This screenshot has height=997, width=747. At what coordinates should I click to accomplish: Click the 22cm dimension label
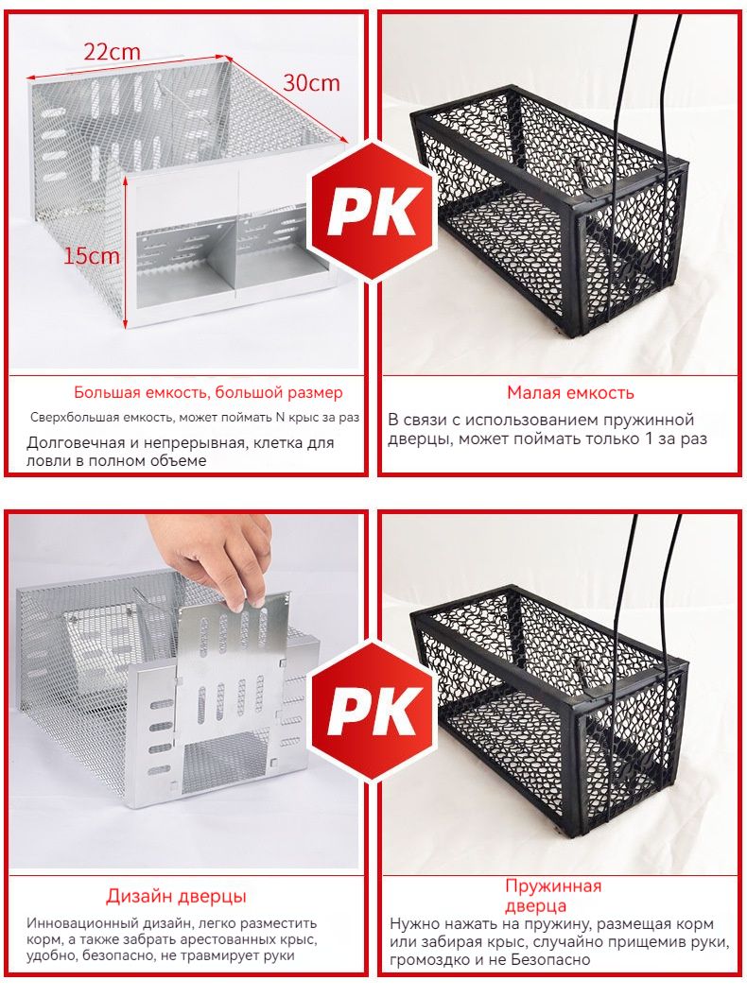(112, 51)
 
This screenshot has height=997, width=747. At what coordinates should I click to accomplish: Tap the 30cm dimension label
(311, 82)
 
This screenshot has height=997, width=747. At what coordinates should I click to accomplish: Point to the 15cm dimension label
(91, 255)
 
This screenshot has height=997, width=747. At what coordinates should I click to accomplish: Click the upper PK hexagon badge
(373, 211)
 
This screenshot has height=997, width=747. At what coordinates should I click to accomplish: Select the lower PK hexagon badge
(373, 711)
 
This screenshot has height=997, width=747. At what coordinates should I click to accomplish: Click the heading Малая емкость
(570, 393)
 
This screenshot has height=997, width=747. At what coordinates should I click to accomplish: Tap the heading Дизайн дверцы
(176, 897)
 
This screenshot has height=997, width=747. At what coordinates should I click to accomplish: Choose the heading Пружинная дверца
(553, 895)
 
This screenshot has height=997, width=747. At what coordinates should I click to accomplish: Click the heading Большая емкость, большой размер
(208, 392)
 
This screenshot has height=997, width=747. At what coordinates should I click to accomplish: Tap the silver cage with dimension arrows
(185, 190)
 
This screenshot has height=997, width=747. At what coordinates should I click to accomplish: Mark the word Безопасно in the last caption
(550, 959)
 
